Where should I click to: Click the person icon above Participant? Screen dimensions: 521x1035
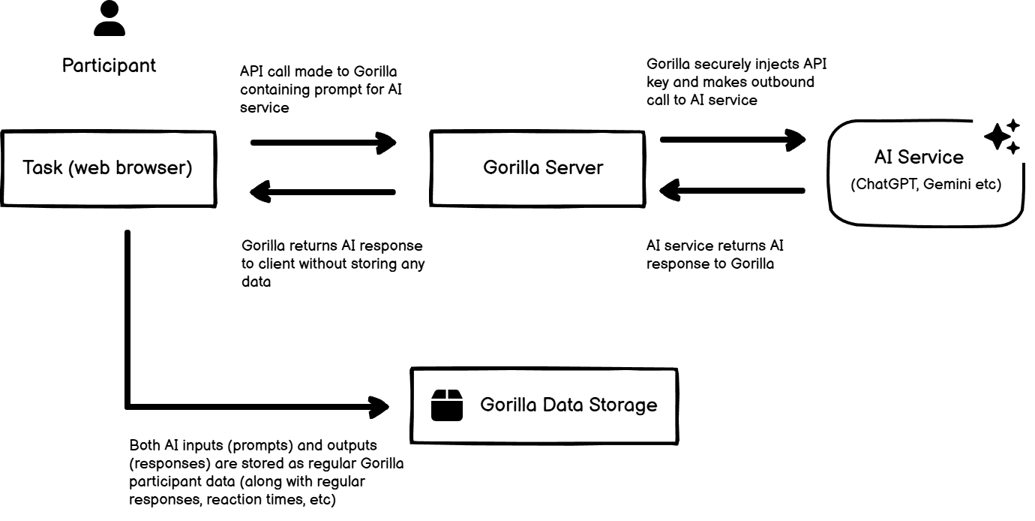coord(109,20)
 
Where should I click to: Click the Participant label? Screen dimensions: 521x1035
coord(109,65)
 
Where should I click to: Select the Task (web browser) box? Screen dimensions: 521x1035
coord(107,167)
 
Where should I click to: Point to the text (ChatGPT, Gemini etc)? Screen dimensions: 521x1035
coord(925,185)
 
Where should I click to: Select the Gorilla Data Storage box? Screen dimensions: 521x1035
coord(545,405)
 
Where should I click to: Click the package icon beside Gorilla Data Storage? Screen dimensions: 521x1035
coord(447,405)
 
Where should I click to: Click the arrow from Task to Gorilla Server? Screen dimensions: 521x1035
coord(322,142)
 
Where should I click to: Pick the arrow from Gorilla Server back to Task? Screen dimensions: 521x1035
coord(322,192)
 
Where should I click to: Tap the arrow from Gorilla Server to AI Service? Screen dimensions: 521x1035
coord(732,139)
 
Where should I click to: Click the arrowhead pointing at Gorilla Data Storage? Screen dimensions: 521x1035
coord(379,407)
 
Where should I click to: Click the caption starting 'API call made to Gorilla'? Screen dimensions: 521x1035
coord(318,89)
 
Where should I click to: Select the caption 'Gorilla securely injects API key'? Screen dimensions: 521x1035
coord(736,82)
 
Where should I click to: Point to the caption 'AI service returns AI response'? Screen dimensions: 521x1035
coord(715,254)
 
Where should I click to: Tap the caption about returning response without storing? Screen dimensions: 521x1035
coord(332,264)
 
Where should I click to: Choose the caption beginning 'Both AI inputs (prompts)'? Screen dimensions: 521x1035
coord(266,472)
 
